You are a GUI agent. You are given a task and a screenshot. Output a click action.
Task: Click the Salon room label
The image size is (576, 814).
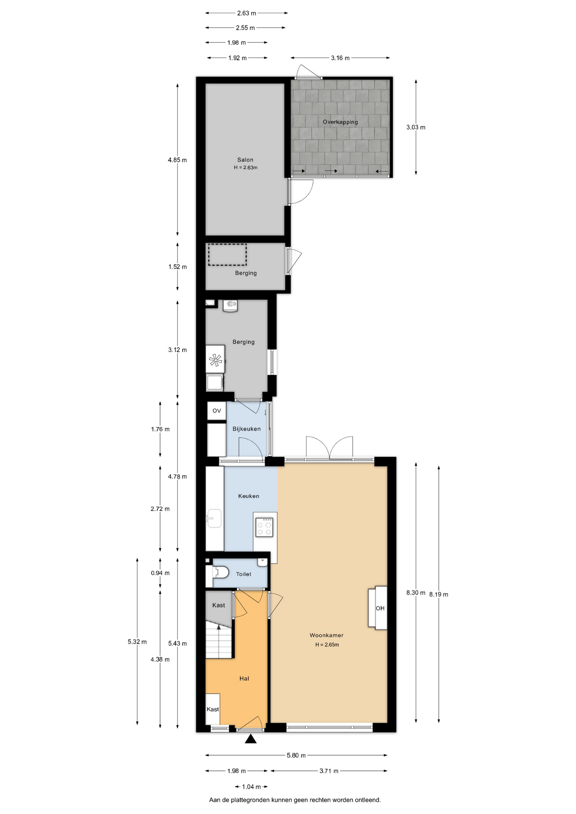coord(245,160)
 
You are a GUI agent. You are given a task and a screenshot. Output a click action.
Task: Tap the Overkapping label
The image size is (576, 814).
coord(340,122)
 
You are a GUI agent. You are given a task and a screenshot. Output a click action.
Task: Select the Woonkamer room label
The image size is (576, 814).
coord(327,635)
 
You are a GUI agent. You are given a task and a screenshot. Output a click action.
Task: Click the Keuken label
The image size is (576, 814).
coord(249,496)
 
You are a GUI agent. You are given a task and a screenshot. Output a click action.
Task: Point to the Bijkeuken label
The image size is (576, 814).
coord(246,429)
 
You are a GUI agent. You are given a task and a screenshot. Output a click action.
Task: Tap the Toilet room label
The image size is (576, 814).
coord(243,574)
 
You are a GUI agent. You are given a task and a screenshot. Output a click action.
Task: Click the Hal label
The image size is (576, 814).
coord(244,678)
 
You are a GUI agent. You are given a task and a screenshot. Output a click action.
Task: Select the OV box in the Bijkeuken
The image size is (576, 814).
coord(217,411)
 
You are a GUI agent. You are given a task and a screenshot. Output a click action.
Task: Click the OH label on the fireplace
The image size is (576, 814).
coord(380,608)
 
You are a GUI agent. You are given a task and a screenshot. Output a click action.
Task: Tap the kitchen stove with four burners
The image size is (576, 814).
coord(264,527)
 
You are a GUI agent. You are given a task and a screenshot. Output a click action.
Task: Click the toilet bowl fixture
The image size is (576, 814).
coord(220,572)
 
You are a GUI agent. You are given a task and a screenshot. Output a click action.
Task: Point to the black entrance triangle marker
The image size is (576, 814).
coord(251,739)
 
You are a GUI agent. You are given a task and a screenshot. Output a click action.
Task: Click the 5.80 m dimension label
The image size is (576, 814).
coord(296,755)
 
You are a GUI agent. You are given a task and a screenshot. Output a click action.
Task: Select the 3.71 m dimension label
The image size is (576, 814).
coord(329,771)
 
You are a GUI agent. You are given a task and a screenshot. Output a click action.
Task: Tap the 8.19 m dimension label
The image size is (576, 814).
coord(439,594)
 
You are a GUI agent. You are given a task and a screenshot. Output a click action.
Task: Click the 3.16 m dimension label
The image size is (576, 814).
coord(340,58)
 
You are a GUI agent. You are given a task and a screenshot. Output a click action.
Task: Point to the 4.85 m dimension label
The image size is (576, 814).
coord(177,160)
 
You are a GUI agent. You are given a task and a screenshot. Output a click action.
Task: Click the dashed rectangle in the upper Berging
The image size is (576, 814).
coord(227,255)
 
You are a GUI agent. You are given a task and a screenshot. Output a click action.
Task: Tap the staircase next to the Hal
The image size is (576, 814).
coord(219,640)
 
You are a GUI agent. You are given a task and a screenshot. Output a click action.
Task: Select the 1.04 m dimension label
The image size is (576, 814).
coord(251,787)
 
